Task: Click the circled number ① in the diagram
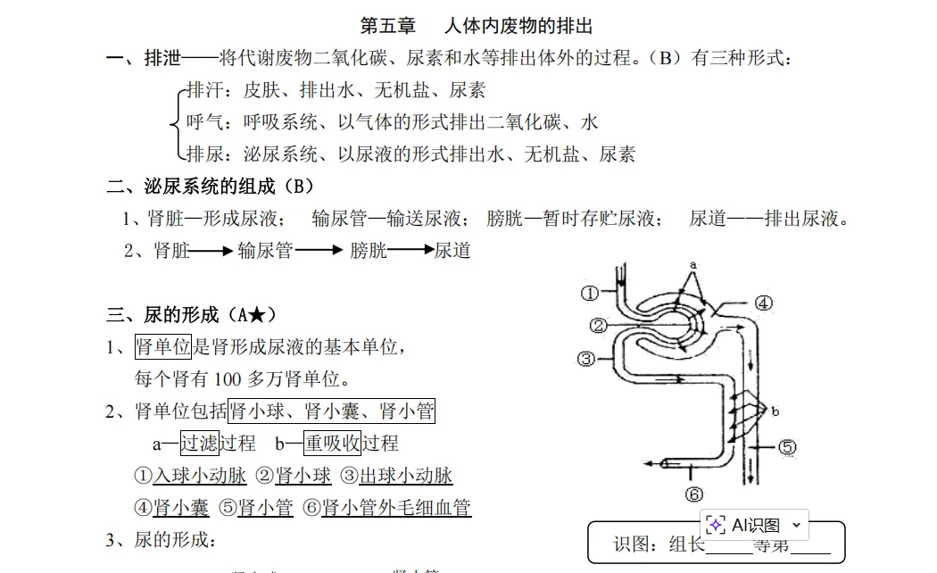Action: click(589, 293)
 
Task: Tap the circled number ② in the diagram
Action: click(598, 325)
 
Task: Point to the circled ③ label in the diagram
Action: click(585, 359)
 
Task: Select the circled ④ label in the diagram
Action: click(764, 303)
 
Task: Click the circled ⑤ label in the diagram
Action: click(787, 447)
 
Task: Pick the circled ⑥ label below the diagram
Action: click(694, 494)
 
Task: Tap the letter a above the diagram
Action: click(692, 265)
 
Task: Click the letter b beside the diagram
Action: click(775, 411)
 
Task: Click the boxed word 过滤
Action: click(199, 443)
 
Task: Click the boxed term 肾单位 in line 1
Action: click(162, 347)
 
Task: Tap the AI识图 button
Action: click(755, 525)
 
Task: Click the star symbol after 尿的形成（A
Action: click(256, 315)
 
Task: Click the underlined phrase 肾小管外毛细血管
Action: click(396, 508)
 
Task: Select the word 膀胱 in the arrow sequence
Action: click(369, 251)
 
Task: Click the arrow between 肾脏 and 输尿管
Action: click(212, 252)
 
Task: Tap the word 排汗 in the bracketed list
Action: click(203, 90)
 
